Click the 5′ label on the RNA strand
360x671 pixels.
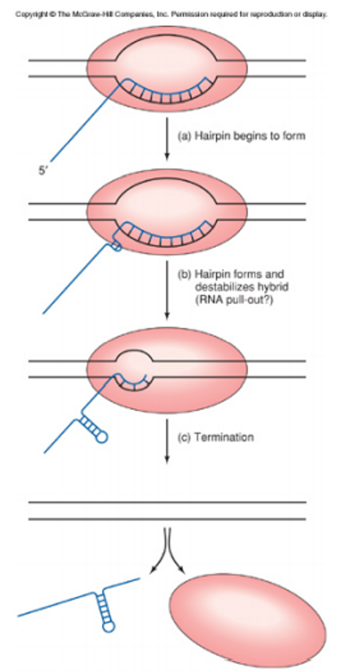click(43, 170)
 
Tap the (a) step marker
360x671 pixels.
click(184, 136)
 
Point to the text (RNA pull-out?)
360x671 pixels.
click(234, 300)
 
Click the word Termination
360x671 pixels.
click(224, 437)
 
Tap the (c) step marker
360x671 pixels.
click(184, 437)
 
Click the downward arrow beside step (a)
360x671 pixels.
click(167, 139)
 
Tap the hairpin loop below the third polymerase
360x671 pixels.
click(101, 437)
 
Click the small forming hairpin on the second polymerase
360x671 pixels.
click(116, 247)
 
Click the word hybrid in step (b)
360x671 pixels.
click(274, 287)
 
